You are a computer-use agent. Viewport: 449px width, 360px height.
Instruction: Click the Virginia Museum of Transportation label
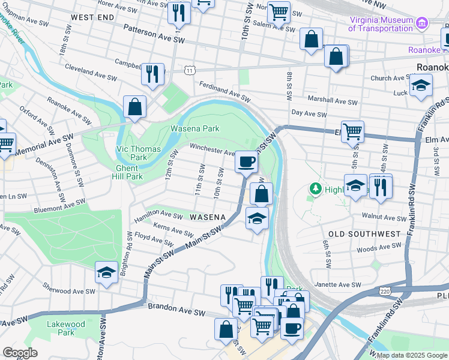tap(381, 23)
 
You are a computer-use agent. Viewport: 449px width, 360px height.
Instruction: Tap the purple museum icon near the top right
tap(423, 23)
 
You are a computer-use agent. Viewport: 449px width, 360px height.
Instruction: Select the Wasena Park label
tap(194, 128)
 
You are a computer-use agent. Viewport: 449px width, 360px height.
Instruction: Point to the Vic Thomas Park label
tap(131, 153)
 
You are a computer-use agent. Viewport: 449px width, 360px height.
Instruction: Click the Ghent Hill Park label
tap(127, 172)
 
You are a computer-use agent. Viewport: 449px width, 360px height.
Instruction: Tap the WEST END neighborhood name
tap(92, 17)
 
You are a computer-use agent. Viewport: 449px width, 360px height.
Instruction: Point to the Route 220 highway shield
tap(385, 291)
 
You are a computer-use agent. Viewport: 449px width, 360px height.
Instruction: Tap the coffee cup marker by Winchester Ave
tap(245, 162)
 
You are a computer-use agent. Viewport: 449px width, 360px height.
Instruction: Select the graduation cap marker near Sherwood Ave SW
tap(106, 272)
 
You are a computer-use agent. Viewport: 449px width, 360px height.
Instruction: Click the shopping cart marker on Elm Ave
tap(352, 131)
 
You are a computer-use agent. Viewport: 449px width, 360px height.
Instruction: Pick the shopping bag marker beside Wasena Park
tap(135, 107)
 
